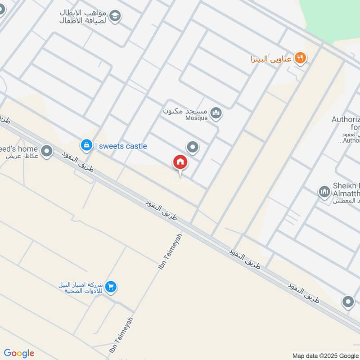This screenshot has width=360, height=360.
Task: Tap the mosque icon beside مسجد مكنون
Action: [x=216, y=113]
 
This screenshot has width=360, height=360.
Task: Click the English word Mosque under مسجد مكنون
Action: [x=197, y=118]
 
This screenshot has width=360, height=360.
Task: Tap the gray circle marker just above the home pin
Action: [x=193, y=147]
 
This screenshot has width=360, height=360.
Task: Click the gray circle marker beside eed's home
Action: [x=46, y=151]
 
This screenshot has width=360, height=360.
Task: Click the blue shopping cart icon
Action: [x=111, y=286]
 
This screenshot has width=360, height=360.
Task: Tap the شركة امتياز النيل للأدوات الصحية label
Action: [x=81, y=288]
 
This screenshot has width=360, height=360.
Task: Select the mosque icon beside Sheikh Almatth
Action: [x=324, y=192]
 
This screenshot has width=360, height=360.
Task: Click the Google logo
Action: [x=19, y=353]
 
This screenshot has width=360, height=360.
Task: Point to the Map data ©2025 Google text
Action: [x=325, y=355]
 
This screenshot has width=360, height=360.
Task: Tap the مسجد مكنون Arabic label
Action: [x=184, y=111]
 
